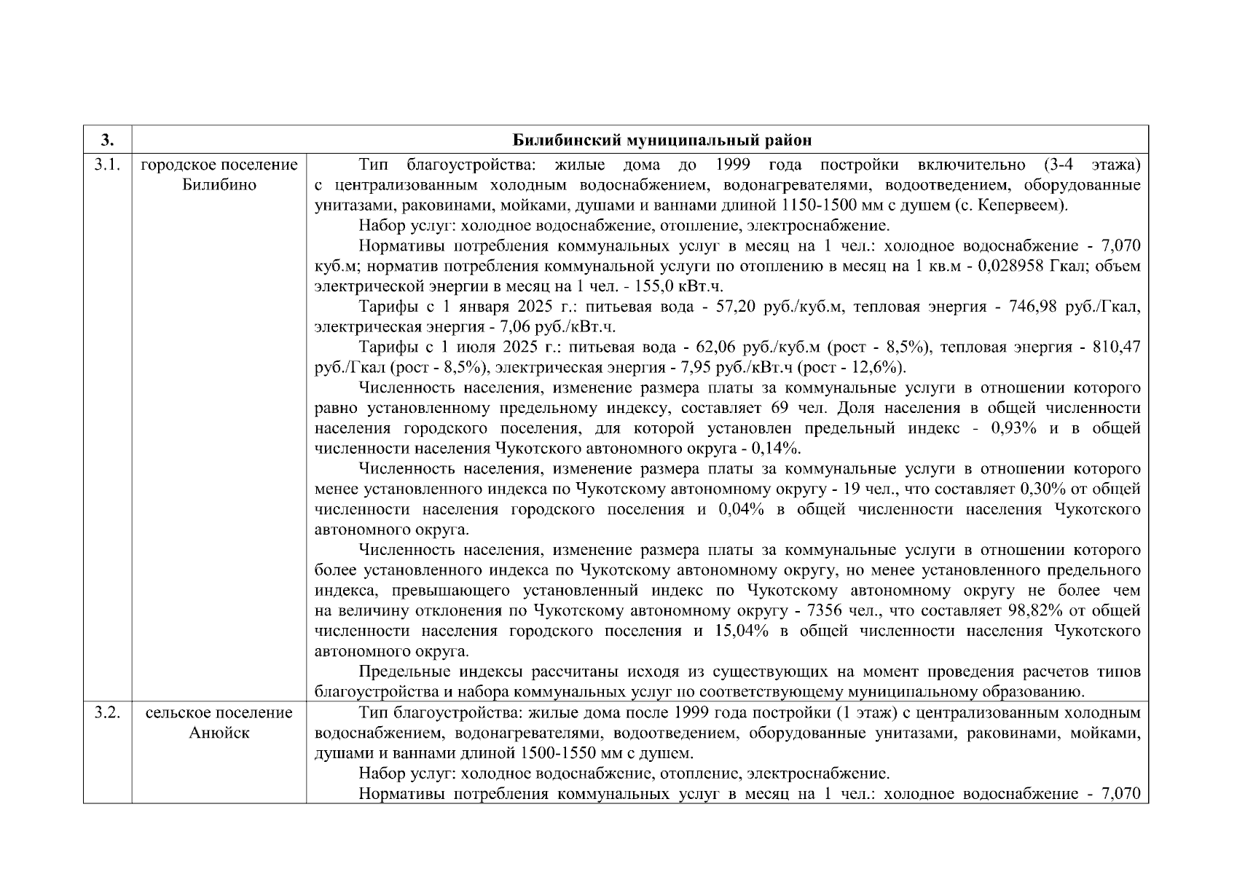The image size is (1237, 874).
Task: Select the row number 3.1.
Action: [x=107, y=165]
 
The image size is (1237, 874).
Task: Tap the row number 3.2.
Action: [x=107, y=712]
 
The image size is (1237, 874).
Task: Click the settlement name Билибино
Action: [x=219, y=185]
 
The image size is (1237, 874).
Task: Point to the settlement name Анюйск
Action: [x=219, y=733]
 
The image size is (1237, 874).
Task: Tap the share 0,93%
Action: [x=1014, y=428]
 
